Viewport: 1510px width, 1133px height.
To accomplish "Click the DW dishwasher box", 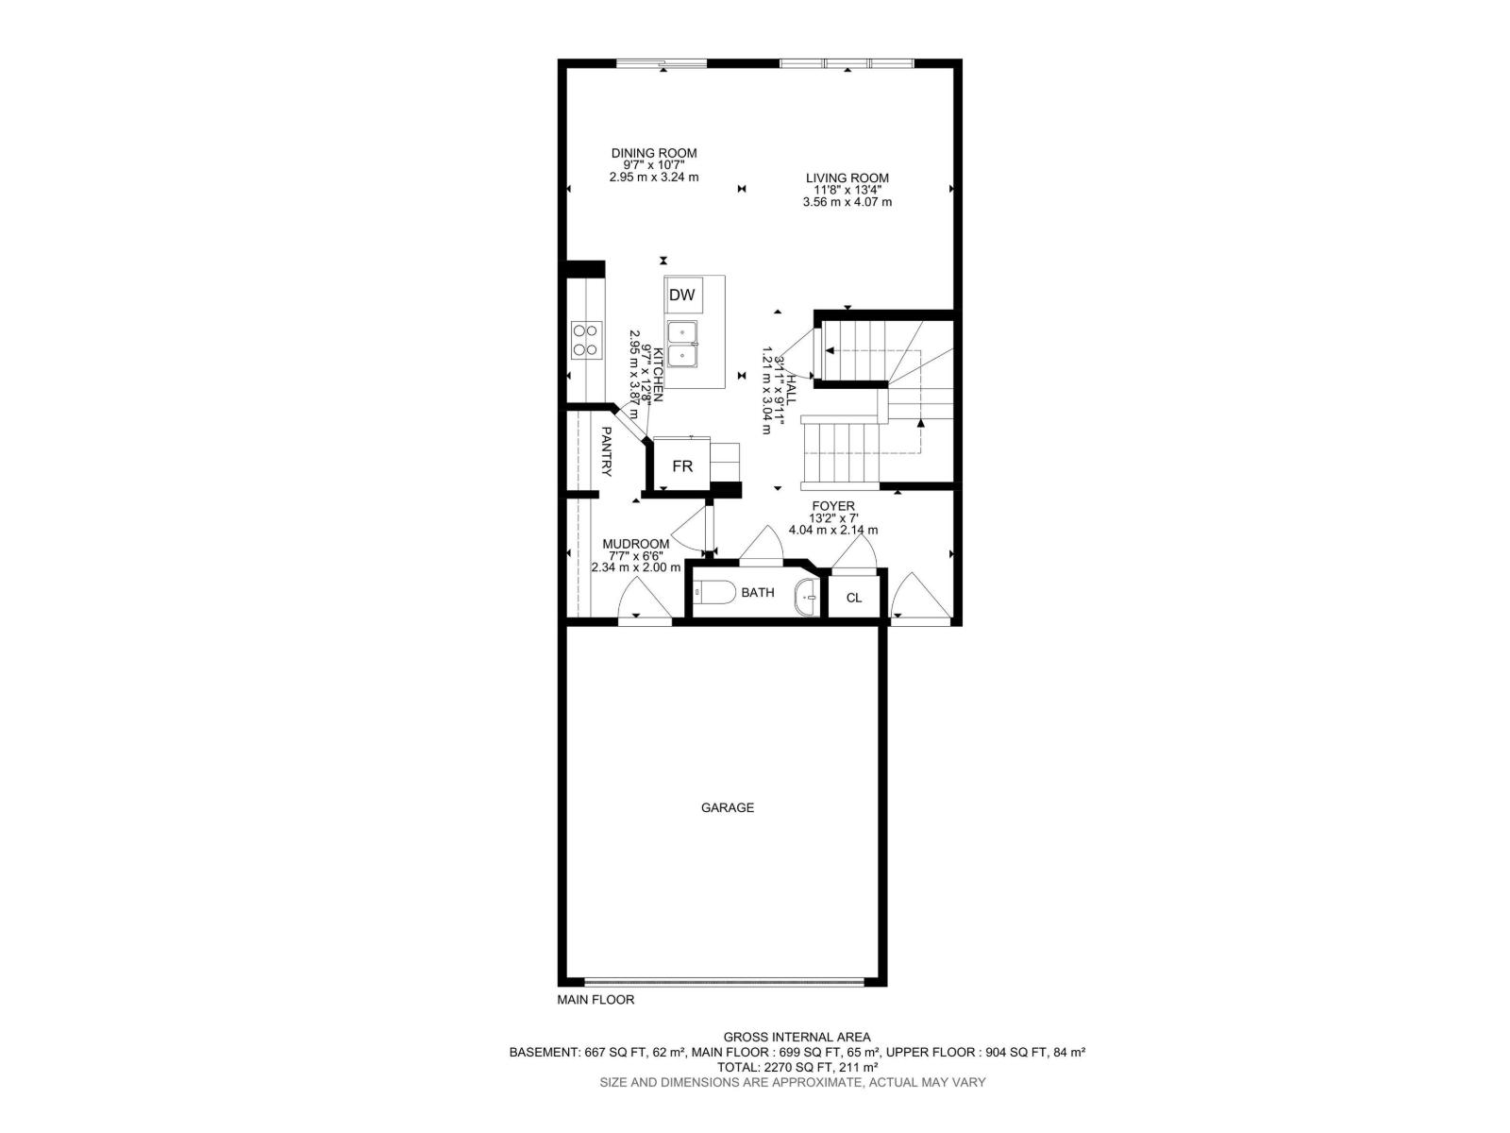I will tap(681, 296).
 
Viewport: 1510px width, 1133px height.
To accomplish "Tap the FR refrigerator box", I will tap(682, 466).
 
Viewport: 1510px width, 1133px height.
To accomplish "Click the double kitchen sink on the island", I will tap(681, 344).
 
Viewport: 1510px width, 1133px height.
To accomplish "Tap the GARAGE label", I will tap(727, 807).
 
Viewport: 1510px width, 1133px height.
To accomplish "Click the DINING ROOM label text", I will tap(654, 153).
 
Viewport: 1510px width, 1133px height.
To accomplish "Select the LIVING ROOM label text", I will tap(847, 178).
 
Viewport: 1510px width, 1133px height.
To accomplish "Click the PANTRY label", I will tap(607, 451).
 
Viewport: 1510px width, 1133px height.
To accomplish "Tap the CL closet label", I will tap(853, 598).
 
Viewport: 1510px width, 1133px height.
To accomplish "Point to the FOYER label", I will tap(832, 506).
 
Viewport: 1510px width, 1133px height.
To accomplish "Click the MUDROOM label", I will tap(636, 544).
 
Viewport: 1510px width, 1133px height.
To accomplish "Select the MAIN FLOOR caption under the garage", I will tap(596, 999).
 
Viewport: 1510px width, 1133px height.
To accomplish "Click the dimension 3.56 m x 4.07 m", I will tap(847, 202).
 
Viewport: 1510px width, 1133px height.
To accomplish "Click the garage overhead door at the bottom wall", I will tap(723, 982).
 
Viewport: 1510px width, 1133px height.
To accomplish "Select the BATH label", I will tap(758, 593).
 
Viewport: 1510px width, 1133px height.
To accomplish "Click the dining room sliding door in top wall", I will tap(661, 63).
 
